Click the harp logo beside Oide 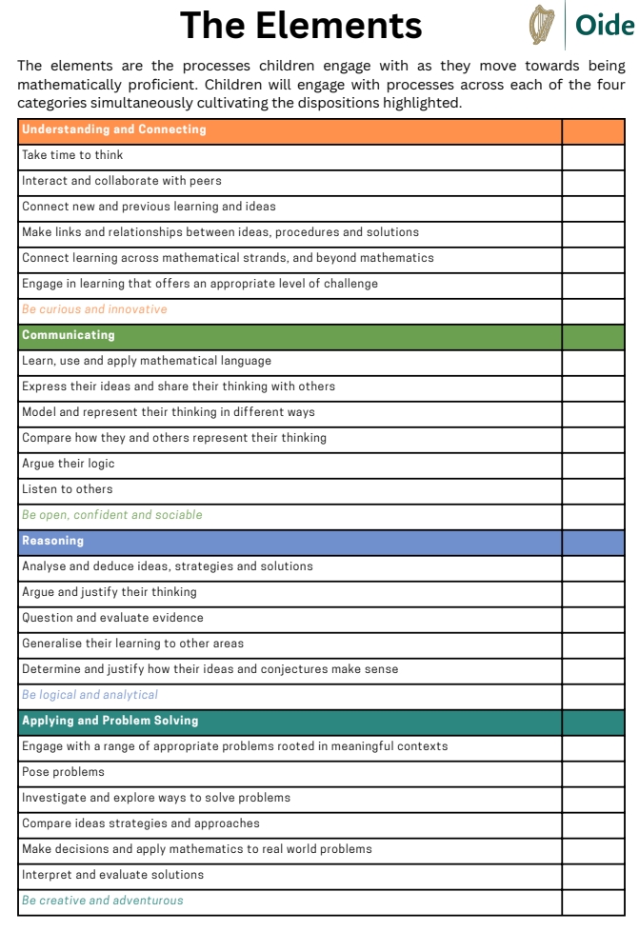coord(542,26)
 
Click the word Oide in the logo coord(605,26)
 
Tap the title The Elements coord(301,25)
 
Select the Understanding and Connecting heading coord(114,129)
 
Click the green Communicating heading coord(69,335)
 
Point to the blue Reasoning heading coord(53,541)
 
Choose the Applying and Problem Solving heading coord(110,721)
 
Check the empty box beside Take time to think coord(592,155)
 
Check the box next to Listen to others coord(592,489)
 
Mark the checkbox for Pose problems coord(592,772)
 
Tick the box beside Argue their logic coord(592,464)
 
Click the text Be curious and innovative coord(94,309)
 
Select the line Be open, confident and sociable coord(112,515)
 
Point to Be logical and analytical coord(90,695)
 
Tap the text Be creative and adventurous coord(103,901)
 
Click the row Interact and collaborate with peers coord(122,181)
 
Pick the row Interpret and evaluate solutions coord(112,875)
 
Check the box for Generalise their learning coord(592,644)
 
